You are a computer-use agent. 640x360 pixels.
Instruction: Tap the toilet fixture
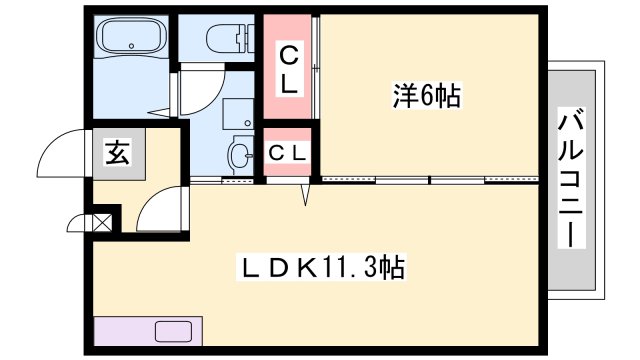click(230, 38)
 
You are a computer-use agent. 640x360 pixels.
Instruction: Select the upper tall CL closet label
click(289, 70)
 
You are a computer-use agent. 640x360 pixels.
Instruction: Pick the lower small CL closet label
click(287, 153)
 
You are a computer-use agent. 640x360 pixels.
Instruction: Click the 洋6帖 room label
click(427, 96)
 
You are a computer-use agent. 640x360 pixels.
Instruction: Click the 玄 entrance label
click(118, 152)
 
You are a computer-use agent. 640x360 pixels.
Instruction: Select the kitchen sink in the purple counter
click(173, 331)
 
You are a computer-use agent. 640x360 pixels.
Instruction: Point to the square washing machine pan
click(238, 114)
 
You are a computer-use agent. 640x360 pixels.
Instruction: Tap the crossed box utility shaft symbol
click(102, 223)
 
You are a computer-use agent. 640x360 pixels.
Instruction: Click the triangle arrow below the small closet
click(305, 194)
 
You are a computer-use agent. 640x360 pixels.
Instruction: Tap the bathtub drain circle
click(131, 46)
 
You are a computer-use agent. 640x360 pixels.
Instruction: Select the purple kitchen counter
click(148, 331)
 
